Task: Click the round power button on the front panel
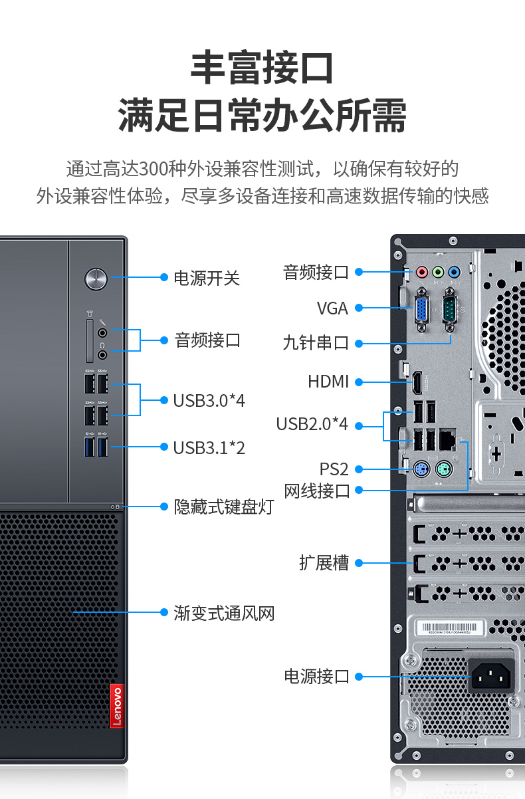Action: click(x=96, y=279)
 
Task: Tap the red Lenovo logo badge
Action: click(x=117, y=706)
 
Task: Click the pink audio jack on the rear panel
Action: click(x=422, y=272)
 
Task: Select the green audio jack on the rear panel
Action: click(x=439, y=272)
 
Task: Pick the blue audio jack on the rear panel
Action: click(x=454, y=272)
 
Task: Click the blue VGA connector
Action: click(x=421, y=310)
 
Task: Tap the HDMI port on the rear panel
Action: click(x=417, y=382)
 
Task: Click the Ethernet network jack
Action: click(x=448, y=440)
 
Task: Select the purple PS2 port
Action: click(x=421, y=469)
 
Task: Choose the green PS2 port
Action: click(x=444, y=469)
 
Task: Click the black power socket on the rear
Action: click(x=490, y=676)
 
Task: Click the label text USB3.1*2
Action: click(x=209, y=447)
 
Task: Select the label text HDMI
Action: click(x=328, y=382)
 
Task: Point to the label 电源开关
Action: click(x=207, y=279)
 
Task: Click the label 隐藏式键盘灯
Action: click(x=224, y=507)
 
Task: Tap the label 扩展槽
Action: click(x=324, y=563)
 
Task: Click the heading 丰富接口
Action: click(x=262, y=67)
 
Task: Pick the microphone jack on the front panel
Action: click(x=102, y=333)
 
